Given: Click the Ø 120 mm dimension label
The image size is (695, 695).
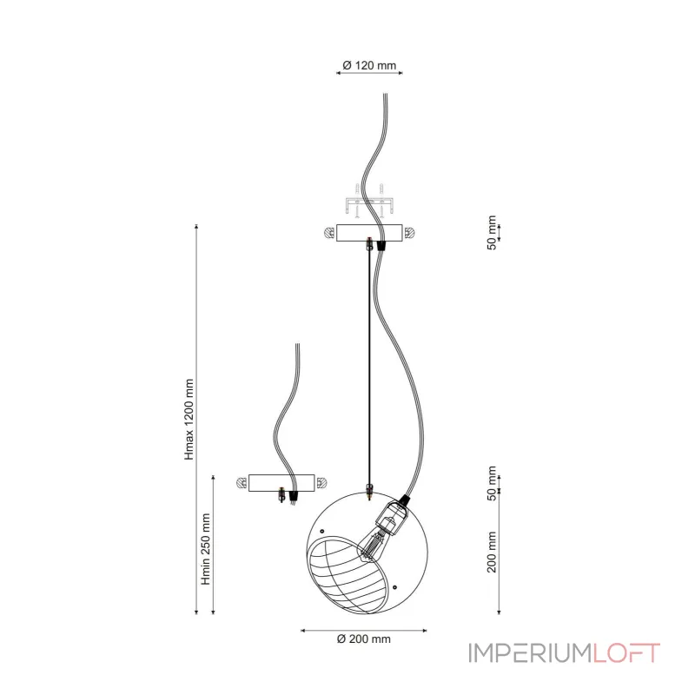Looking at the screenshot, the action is tap(369, 66).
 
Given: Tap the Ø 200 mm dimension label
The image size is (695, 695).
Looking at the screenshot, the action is tap(363, 639).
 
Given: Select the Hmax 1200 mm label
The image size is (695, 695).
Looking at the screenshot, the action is tap(189, 420).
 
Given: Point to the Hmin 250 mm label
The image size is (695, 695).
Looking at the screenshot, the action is tap(206, 549).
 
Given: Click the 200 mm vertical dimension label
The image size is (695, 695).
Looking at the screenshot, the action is tap(492, 552).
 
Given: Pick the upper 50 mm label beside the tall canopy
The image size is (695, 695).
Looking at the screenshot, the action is tap(492, 233).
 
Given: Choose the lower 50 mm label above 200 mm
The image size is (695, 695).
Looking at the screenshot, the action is tap(492, 483).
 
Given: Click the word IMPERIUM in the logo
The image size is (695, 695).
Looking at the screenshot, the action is tap(531, 653).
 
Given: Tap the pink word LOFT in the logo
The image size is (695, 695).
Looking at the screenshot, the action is tap(626, 653).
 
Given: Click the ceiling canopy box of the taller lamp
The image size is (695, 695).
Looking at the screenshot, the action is tap(369, 233).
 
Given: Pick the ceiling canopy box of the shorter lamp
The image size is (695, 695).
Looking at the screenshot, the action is tap(281, 483).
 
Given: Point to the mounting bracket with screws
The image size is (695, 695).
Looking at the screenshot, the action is tap(369, 201).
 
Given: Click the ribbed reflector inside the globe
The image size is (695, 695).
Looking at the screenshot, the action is tap(348, 574).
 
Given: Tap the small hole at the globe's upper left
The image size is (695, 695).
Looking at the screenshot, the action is tap(322, 531).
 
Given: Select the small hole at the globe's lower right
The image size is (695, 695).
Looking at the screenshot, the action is tap(395, 587).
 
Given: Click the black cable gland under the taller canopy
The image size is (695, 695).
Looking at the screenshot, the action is tap(381, 246).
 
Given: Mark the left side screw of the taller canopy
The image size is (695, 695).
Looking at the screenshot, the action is tap(329, 233).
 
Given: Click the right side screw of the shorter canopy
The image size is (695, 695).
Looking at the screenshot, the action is tap(321, 483).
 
